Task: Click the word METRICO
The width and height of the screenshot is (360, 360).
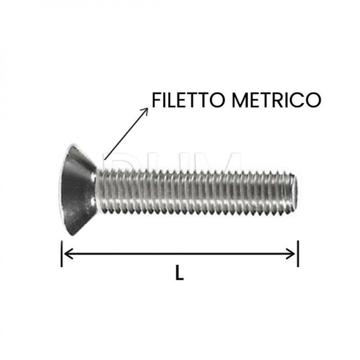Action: click(277, 99)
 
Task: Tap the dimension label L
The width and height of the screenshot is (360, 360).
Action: click(180, 274)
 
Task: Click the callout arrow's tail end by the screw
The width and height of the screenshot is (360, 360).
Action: click(104, 158)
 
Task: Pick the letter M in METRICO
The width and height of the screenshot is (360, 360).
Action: click(241, 99)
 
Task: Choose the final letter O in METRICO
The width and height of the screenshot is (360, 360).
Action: click(314, 99)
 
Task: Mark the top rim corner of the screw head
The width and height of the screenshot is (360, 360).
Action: click(72, 145)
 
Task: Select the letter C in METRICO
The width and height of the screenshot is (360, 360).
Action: click(300, 99)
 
